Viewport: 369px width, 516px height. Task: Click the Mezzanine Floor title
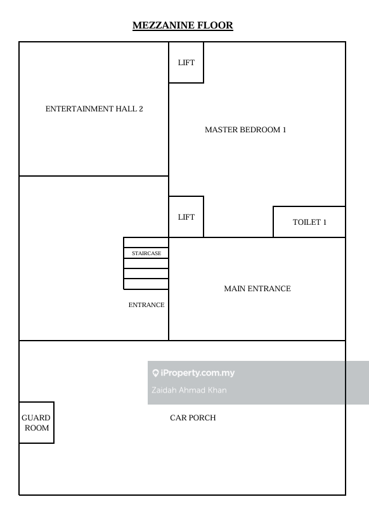point(183,25)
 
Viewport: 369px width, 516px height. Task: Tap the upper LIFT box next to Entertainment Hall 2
point(186,63)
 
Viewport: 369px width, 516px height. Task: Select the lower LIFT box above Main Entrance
point(186,217)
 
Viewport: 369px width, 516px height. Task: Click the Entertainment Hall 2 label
point(94,109)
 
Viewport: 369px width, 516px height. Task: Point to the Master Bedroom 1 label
point(245,130)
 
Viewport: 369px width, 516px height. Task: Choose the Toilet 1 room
point(309,222)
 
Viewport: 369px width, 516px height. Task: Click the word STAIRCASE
point(146,253)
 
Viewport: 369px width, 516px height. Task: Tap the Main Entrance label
point(257,289)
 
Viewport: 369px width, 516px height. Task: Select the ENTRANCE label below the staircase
point(146,305)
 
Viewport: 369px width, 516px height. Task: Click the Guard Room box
point(37,422)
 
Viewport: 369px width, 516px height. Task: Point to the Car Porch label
point(193,418)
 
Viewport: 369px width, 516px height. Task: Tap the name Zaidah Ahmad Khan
point(189,390)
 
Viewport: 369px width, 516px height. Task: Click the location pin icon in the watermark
point(155,373)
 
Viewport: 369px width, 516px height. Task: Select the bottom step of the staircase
point(146,284)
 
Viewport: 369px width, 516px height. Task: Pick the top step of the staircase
point(146,242)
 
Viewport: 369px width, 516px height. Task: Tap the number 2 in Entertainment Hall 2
point(141,109)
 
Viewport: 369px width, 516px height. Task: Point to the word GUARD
point(36,418)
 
